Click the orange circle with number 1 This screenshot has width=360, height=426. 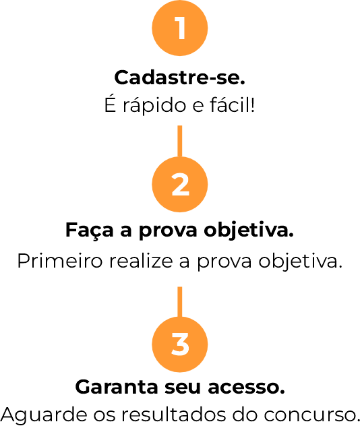click(180, 28)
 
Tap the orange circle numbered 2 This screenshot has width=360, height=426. click(180, 185)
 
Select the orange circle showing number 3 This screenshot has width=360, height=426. click(180, 344)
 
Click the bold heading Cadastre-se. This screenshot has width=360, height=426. click(180, 78)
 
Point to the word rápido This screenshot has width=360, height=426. click(154, 106)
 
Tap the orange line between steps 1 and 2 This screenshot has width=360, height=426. click(179, 142)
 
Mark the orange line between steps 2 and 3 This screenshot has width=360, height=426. click(179, 302)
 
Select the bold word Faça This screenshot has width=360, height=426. click(90, 231)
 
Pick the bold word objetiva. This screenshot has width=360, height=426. click(249, 231)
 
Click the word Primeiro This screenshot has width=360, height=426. click(60, 261)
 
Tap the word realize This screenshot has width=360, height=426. click(142, 261)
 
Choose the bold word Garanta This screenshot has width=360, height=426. click(117, 387)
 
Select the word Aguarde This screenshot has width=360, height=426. click(44, 415)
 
